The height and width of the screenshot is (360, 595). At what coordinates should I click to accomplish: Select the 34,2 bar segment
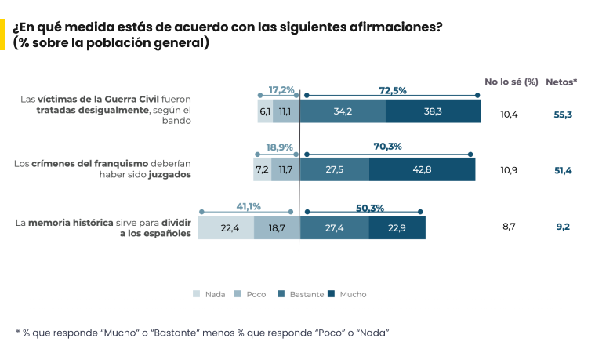coord(343,111)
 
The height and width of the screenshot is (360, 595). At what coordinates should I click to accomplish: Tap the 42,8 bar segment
coord(422,169)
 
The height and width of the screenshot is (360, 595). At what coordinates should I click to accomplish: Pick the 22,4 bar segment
coord(226,227)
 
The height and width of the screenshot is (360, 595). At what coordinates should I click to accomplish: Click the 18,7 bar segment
coord(276,227)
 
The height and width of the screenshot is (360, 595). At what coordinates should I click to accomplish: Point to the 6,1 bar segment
coord(264,111)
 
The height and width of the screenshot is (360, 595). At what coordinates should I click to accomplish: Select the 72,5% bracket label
coord(392,90)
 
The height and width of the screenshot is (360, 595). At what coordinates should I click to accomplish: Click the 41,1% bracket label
coord(248,206)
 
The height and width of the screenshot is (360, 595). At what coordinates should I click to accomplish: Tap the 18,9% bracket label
coord(279,147)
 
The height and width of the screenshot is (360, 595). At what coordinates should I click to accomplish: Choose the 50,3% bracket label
coord(369,207)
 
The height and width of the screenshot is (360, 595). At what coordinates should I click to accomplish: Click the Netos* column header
coord(561,82)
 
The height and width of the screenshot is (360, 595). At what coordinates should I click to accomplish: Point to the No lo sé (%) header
coord(511,82)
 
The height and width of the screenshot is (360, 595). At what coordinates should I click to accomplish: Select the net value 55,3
coord(563,115)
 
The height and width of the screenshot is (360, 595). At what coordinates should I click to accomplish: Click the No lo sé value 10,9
coord(510,170)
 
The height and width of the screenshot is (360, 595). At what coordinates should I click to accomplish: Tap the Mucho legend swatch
coord(332,294)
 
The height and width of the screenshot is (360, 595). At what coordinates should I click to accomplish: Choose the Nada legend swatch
coord(197,294)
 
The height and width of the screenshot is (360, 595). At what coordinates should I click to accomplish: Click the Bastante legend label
coord(307,294)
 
